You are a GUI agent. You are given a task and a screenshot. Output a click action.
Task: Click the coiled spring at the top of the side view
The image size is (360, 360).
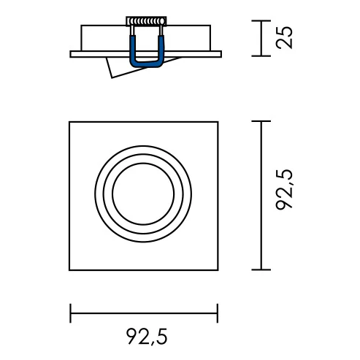(145, 22)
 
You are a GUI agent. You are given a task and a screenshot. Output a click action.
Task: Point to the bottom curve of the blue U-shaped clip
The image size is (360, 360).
(145, 64)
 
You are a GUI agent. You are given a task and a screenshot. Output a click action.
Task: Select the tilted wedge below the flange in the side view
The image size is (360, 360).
(117, 68)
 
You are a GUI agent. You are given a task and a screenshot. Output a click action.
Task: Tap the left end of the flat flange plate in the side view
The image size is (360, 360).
(72, 54)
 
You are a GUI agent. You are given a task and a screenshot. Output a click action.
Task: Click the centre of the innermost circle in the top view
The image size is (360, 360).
(144, 195)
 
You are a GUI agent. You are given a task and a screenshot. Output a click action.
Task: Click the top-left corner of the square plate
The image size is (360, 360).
(70, 122)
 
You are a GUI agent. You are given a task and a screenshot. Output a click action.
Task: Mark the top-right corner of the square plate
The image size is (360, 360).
(218, 122)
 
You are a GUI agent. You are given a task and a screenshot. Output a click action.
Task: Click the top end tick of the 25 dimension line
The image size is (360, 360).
(261, 21)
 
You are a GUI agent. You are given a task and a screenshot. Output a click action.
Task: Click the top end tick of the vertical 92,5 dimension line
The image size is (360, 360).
(261, 121)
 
